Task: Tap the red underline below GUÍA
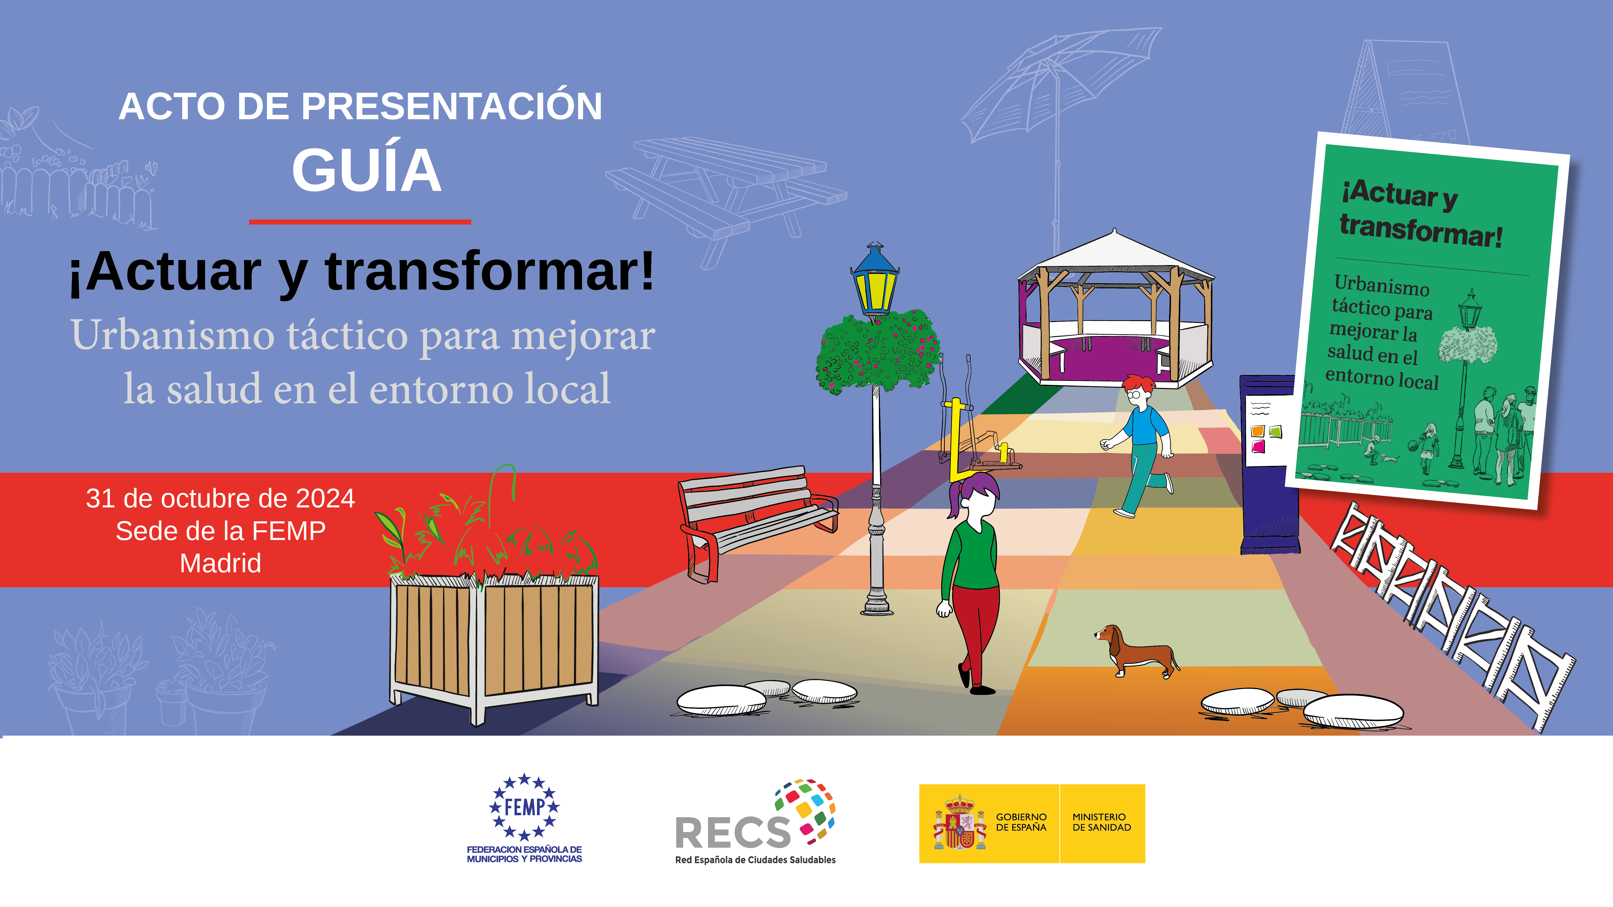[360, 222]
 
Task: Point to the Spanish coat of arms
[959, 823]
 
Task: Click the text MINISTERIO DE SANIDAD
[1102, 822]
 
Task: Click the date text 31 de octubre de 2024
[220, 498]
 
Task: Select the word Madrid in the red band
[220, 563]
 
